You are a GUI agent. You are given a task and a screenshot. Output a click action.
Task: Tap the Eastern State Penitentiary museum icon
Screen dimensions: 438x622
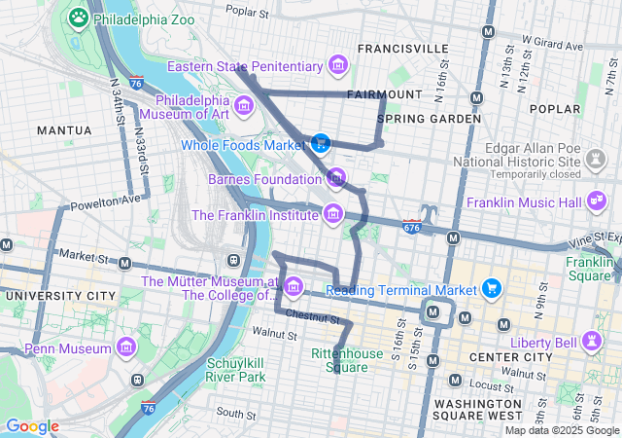pos(338,65)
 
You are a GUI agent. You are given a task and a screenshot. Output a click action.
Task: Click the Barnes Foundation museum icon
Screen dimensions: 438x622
pos(336,178)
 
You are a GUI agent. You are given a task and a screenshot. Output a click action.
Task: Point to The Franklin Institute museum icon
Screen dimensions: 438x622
pos(333,213)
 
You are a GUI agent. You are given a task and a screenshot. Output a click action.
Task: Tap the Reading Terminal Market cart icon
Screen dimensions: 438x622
pos(492,289)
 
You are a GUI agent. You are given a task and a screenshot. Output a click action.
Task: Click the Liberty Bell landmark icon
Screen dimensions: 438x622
pos(590,342)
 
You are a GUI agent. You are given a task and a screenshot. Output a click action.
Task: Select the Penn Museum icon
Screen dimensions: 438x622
pos(126,347)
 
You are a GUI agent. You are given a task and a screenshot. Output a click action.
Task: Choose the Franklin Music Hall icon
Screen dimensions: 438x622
pos(596,202)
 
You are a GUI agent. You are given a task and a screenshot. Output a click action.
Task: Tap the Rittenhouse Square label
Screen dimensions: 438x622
pos(339,360)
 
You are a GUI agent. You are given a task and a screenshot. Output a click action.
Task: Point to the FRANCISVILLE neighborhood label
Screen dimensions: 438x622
pos(402,48)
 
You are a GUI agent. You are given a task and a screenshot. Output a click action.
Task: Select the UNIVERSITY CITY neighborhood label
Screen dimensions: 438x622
pos(53,295)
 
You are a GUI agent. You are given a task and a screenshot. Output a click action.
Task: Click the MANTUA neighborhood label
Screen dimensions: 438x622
pos(64,129)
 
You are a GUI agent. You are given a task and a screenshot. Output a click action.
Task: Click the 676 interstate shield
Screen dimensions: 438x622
pos(412,227)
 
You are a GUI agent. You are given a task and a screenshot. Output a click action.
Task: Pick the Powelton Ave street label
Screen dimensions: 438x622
pos(105,201)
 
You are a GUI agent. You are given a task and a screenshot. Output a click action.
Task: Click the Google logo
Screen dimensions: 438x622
pos(32,426)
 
